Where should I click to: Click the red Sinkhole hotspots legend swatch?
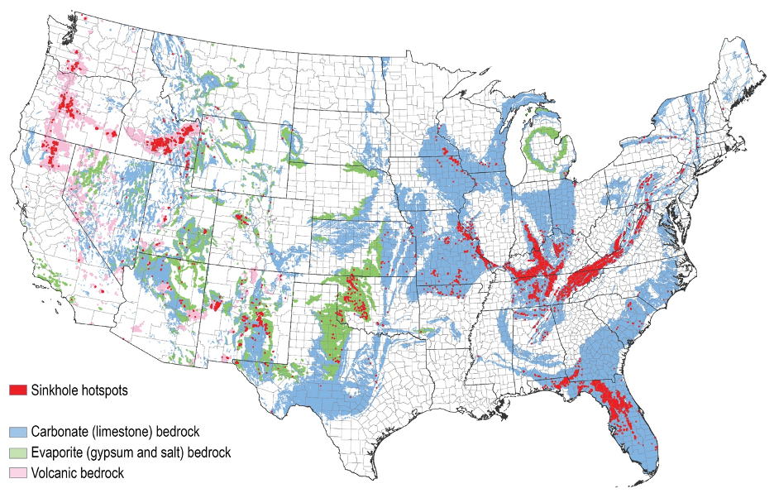pos(19,390)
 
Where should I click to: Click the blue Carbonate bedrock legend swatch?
pos(19,432)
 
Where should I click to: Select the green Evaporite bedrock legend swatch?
pos(19,452)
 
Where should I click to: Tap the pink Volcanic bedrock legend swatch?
pos(19,473)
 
